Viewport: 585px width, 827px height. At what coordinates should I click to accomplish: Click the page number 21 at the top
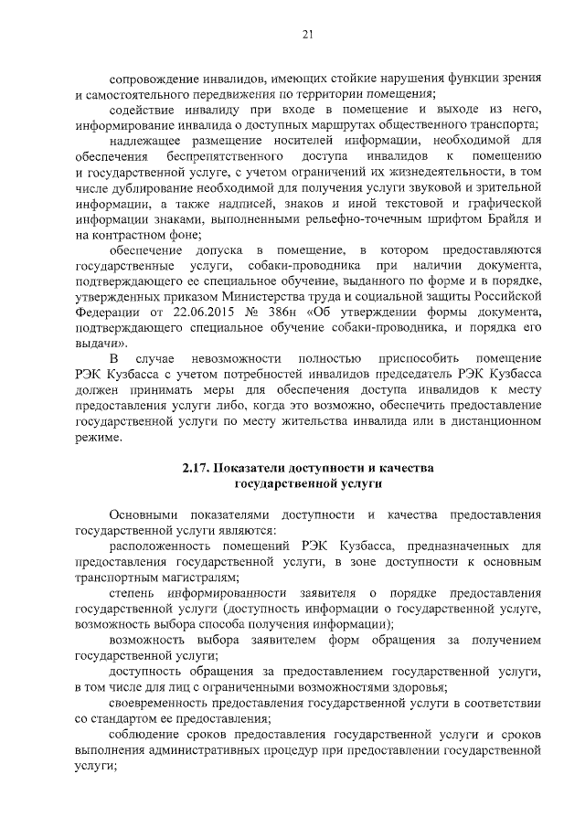click(308, 35)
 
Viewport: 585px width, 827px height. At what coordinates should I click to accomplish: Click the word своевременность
click(164, 704)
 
